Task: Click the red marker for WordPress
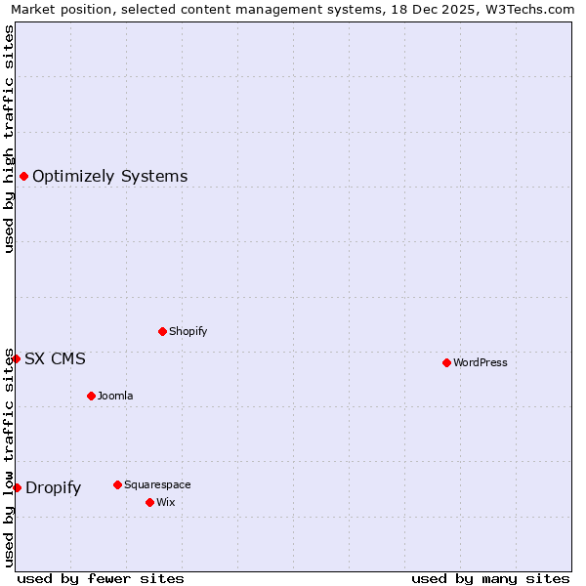click(446, 362)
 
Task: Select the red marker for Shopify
click(162, 331)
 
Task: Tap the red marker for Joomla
click(91, 396)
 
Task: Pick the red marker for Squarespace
click(117, 484)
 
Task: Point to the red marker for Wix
click(149, 502)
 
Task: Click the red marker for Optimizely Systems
click(23, 176)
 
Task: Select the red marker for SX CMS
click(16, 358)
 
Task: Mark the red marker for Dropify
click(17, 487)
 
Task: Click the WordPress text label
click(481, 362)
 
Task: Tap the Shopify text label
click(188, 331)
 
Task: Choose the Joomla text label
click(115, 396)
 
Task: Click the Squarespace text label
click(157, 484)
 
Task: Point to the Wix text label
click(166, 502)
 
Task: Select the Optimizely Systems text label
click(110, 176)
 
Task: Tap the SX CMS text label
click(55, 358)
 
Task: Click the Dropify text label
click(54, 487)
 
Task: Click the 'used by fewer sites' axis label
click(101, 578)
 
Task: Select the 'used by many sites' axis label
click(490, 578)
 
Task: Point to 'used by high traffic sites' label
click(9, 139)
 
